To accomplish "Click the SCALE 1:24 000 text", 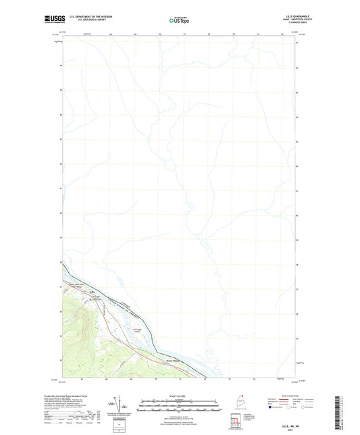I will (x=180, y=396).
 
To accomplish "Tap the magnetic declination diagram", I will (x=120, y=405).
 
